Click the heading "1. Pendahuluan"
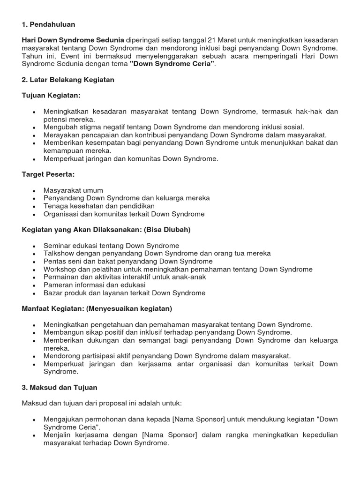48,24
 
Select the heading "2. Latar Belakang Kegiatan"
68,80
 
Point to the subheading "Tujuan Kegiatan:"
51,96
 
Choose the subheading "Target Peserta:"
48,174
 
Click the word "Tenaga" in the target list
55,206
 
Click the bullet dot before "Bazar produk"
34,293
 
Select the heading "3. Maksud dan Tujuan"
60,388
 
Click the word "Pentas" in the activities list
55,262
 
